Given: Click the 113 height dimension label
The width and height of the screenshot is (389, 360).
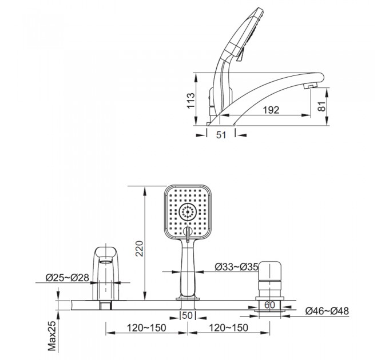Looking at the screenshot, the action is click(190, 101).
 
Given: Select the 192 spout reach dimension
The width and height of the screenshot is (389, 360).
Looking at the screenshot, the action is click(271, 110).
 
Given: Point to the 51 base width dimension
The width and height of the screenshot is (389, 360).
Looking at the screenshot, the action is click(221, 135).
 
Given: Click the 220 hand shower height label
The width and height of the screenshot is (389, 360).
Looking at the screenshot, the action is click(140, 249).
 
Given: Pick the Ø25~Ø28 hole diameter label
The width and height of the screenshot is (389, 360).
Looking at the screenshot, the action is click(67, 278).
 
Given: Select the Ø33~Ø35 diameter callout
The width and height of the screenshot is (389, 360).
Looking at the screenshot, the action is click(237, 267).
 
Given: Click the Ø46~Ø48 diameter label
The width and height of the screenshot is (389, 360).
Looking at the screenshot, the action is click(327, 311).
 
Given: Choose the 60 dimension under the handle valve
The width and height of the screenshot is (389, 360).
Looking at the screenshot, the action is click(269, 305).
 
